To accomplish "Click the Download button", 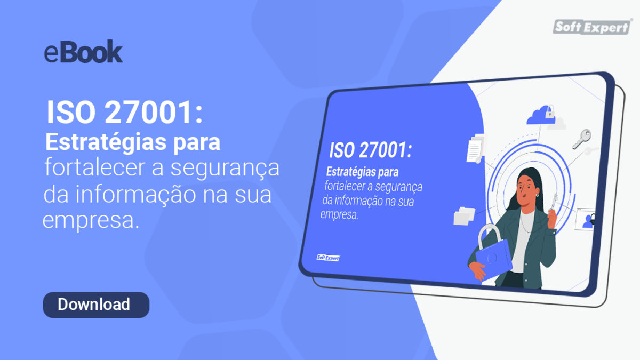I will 96,305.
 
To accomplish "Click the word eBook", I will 84,53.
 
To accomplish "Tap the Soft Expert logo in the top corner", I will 592,27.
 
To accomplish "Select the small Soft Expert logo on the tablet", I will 328,258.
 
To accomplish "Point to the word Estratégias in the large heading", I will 99,142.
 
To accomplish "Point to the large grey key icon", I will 581,138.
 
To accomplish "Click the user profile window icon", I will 586,219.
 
